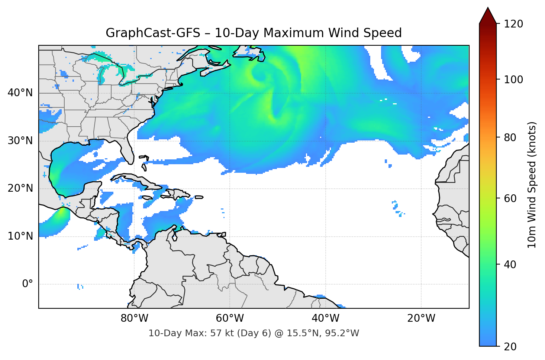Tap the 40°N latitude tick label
point(20,93)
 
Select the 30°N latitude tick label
point(20,141)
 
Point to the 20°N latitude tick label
point(20,188)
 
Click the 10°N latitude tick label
point(20,236)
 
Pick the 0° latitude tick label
point(27,284)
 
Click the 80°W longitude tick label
point(134,318)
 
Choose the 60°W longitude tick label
point(230,318)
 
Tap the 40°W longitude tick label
point(325,318)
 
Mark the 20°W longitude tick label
point(421,318)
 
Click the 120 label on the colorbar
point(513,24)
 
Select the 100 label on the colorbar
point(513,80)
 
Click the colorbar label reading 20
point(510,347)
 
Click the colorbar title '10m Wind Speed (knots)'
point(532,185)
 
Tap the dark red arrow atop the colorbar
point(488,16)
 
